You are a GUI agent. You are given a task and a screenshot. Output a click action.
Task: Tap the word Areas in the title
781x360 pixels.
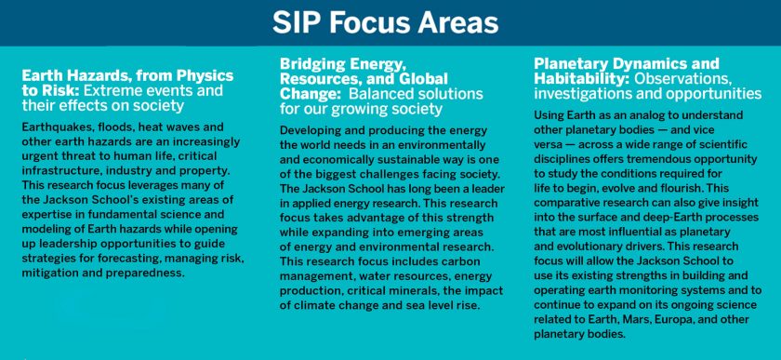(457, 22)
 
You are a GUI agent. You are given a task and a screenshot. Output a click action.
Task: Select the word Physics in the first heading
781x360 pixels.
(202, 75)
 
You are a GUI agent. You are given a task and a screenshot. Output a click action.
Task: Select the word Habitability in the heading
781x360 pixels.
(580, 79)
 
